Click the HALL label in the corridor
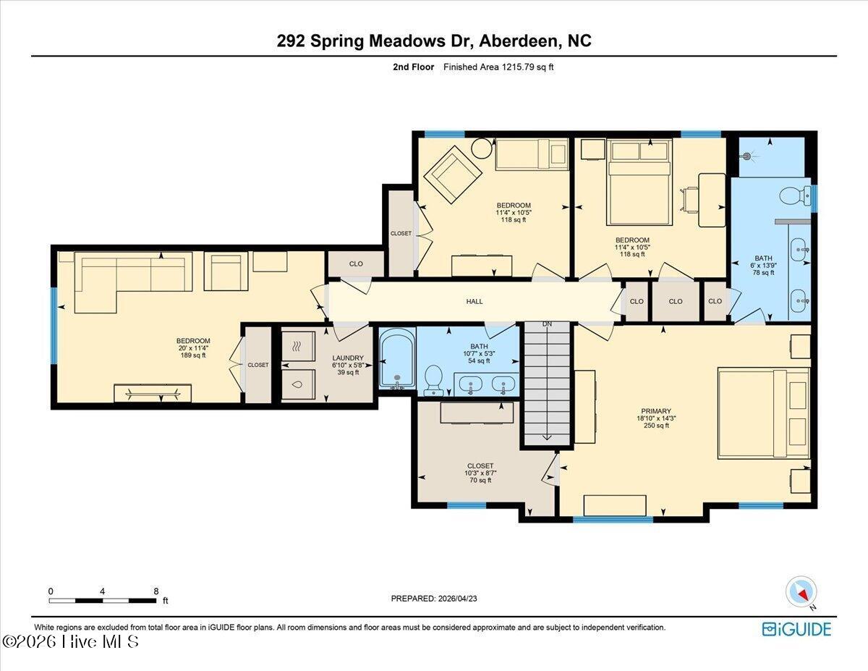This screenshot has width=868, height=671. [475, 301]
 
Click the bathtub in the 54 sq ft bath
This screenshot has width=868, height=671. [396, 359]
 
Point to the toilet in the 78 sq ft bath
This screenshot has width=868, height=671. [793, 195]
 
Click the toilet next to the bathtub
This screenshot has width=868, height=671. [434, 379]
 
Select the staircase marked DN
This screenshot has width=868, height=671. [547, 384]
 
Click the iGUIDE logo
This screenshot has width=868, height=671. [796, 628]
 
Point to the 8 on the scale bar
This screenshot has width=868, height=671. [156, 591]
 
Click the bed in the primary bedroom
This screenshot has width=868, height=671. [763, 413]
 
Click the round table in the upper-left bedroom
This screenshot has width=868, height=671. [481, 148]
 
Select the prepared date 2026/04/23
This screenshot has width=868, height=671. [433, 599]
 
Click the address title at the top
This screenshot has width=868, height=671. [434, 41]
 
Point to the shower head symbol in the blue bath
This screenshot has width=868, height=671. [748, 155]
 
